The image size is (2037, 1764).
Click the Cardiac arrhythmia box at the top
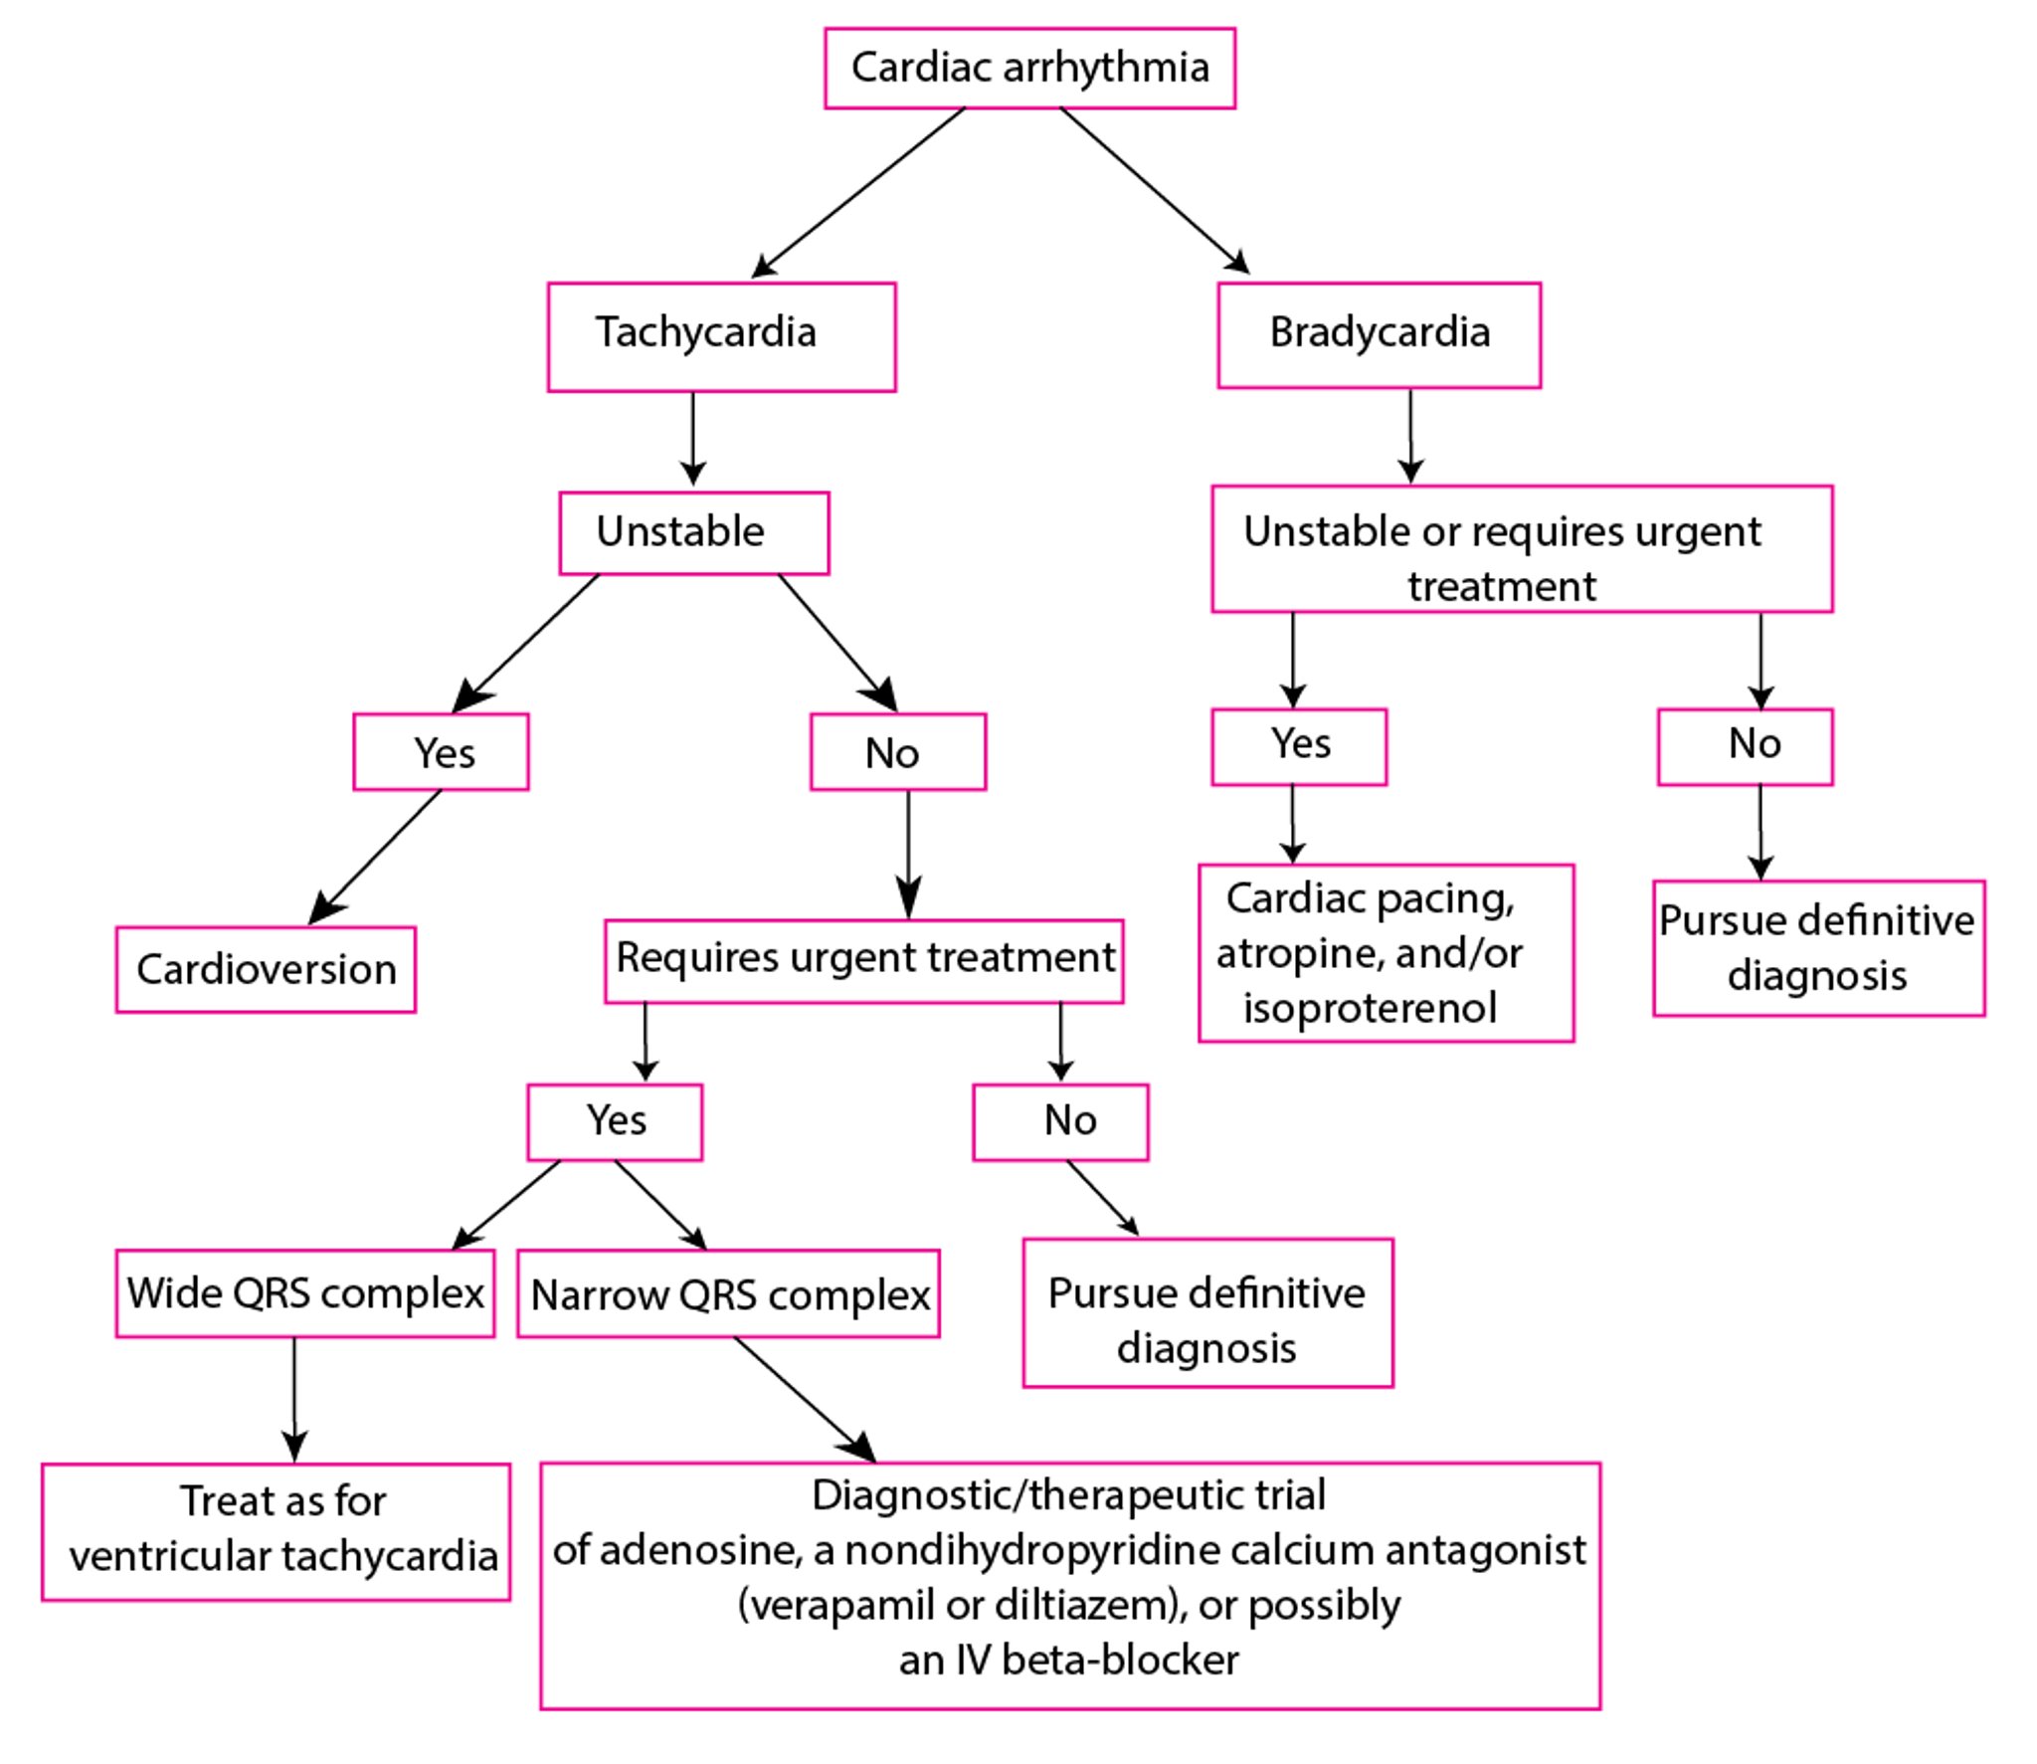(1029, 68)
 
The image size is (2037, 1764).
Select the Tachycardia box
(721, 336)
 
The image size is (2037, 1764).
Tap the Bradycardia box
(1379, 334)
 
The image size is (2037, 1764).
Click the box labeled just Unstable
(693, 532)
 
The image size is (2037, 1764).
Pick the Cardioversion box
(266, 969)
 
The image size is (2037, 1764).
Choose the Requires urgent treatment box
(863, 959)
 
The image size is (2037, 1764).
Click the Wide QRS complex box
(305, 1292)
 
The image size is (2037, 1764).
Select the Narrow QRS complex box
(728, 1293)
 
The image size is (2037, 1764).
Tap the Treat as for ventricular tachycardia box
(276, 1530)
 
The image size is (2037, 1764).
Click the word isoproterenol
(1370, 1008)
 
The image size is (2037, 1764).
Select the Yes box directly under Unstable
(441, 752)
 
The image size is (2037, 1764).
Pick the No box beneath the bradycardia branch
(1745, 745)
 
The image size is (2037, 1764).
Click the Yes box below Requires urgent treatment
(615, 1121)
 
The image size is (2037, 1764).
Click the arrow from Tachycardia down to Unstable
(693, 438)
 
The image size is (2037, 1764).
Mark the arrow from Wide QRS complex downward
(293, 1397)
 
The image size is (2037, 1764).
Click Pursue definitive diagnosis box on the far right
(1817, 947)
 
